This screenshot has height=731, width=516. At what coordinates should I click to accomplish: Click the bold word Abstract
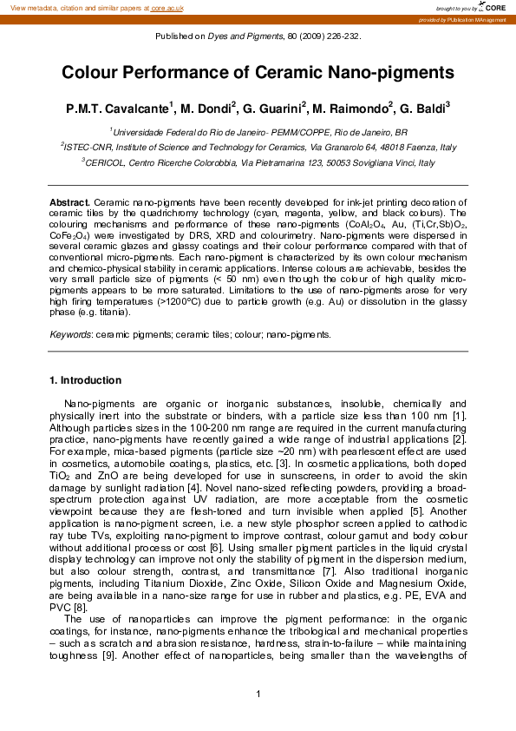(x=69, y=201)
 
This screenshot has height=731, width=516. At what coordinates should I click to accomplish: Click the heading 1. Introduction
(x=86, y=380)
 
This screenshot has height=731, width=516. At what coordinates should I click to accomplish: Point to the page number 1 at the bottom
(x=258, y=692)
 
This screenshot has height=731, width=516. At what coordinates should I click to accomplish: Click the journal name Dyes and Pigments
(x=245, y=36)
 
